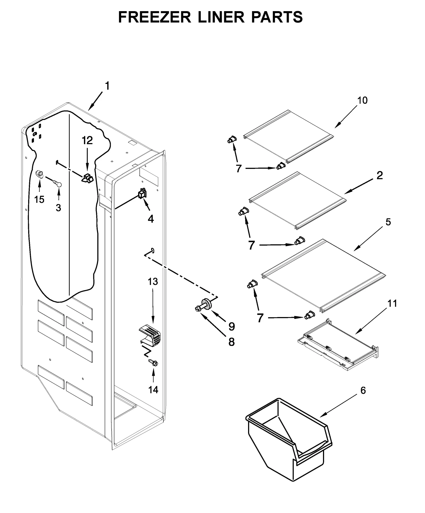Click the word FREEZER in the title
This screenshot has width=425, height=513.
pos(154,17)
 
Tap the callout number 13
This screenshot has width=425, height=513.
pos(153,281)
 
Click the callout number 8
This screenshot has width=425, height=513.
pos(231,342)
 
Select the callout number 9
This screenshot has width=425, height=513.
pos(232,326)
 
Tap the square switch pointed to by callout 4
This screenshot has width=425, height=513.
pos(142,193)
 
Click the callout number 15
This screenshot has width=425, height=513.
pos(39,199)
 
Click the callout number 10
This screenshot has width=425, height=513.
pos(362,100)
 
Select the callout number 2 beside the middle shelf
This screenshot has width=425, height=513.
pos(380,175)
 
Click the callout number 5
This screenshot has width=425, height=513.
pos(388,222)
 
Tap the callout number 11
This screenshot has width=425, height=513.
pos(392,303)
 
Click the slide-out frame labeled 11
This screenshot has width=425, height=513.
pos(337,345)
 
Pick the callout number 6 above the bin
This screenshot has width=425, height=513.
pos(363,390)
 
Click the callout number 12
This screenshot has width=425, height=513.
pos(87,140)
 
